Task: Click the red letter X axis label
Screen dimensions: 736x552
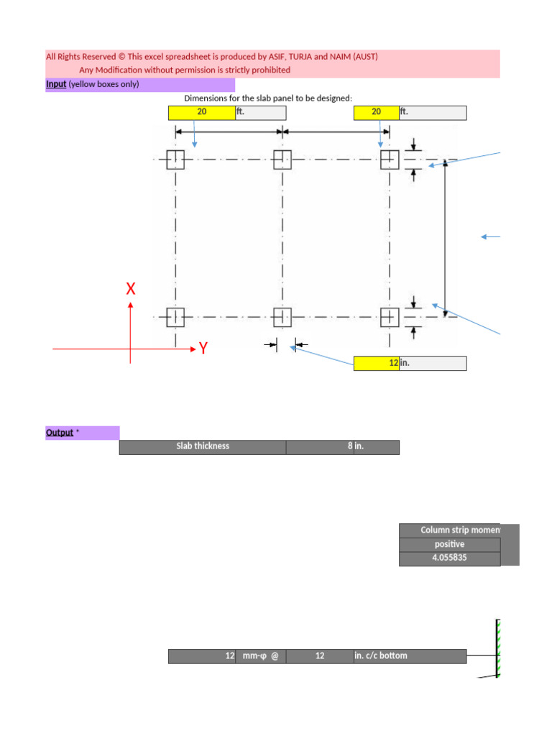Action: tap(131, 289)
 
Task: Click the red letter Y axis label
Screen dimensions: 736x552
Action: tap(203, 349)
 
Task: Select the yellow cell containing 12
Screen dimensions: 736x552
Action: tap(376, 364)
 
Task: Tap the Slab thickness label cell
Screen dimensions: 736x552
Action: tap(203, 446)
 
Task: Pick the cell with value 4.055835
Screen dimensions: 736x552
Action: tap(449, 558)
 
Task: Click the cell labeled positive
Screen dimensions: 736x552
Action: tap(449, 544)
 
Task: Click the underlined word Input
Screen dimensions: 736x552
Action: tap(56, 84)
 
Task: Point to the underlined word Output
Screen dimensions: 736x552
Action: tap(60, 433)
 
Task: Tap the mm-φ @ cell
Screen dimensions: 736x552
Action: tap(259, 655)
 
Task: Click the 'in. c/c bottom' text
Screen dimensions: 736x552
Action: tap(381, 655)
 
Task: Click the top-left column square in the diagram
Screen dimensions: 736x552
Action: tap(175, 160)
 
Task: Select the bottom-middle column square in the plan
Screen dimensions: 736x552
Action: tap(282, 317)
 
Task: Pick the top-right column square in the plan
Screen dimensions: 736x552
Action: tap(389, 160)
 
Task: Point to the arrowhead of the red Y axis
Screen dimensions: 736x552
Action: tap(193, 349)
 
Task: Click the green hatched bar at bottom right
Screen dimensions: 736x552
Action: tap(497, 647)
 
